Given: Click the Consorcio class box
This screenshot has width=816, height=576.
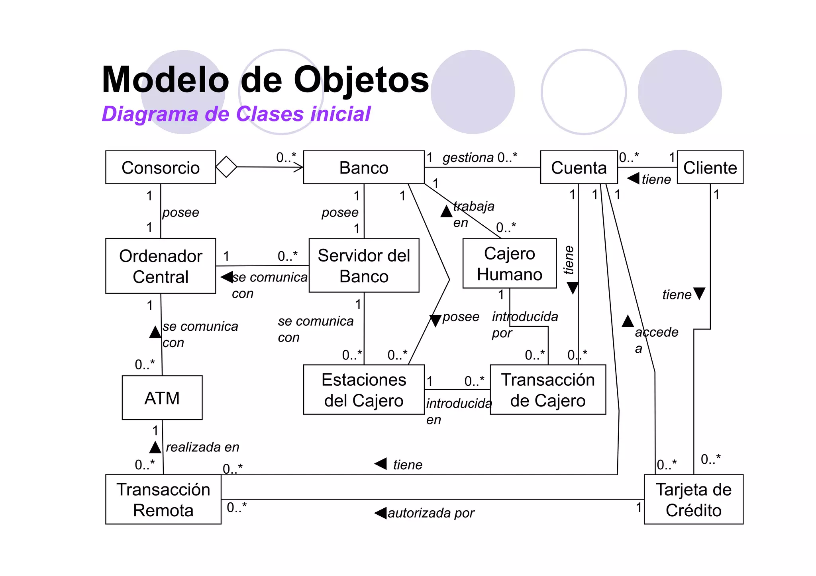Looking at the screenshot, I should (161, 167).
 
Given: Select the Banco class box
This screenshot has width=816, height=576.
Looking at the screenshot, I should (363, 167).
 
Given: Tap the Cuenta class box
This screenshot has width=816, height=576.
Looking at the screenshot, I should (579, 167).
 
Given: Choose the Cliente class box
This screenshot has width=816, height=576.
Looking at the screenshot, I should (710, 167).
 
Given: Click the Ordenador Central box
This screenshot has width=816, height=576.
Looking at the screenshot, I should (161, 266).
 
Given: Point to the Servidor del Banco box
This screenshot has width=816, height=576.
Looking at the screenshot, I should (364, 266).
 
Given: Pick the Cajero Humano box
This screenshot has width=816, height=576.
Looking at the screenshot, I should (509, 264).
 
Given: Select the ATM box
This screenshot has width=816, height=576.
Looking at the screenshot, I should (162, 398).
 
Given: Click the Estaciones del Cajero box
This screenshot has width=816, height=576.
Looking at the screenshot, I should (364, 390).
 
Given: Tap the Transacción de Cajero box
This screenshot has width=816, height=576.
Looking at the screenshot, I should (548, 390).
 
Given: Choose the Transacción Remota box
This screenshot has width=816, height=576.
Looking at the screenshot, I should (163, 499).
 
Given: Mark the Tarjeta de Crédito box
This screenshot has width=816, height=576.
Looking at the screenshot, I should (693, 499).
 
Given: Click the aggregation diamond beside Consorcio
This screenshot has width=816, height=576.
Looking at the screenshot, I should (226, 167).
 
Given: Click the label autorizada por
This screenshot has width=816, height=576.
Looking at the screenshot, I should (431, 513).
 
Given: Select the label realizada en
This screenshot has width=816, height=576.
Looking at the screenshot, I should (202, 447).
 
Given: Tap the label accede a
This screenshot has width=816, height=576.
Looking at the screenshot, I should (656, 339).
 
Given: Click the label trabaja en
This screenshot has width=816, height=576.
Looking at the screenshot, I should (473, 214).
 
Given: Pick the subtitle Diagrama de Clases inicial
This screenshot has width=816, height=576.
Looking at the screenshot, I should (236, 114).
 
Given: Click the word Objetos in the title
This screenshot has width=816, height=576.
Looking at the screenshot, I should (361, 80).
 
